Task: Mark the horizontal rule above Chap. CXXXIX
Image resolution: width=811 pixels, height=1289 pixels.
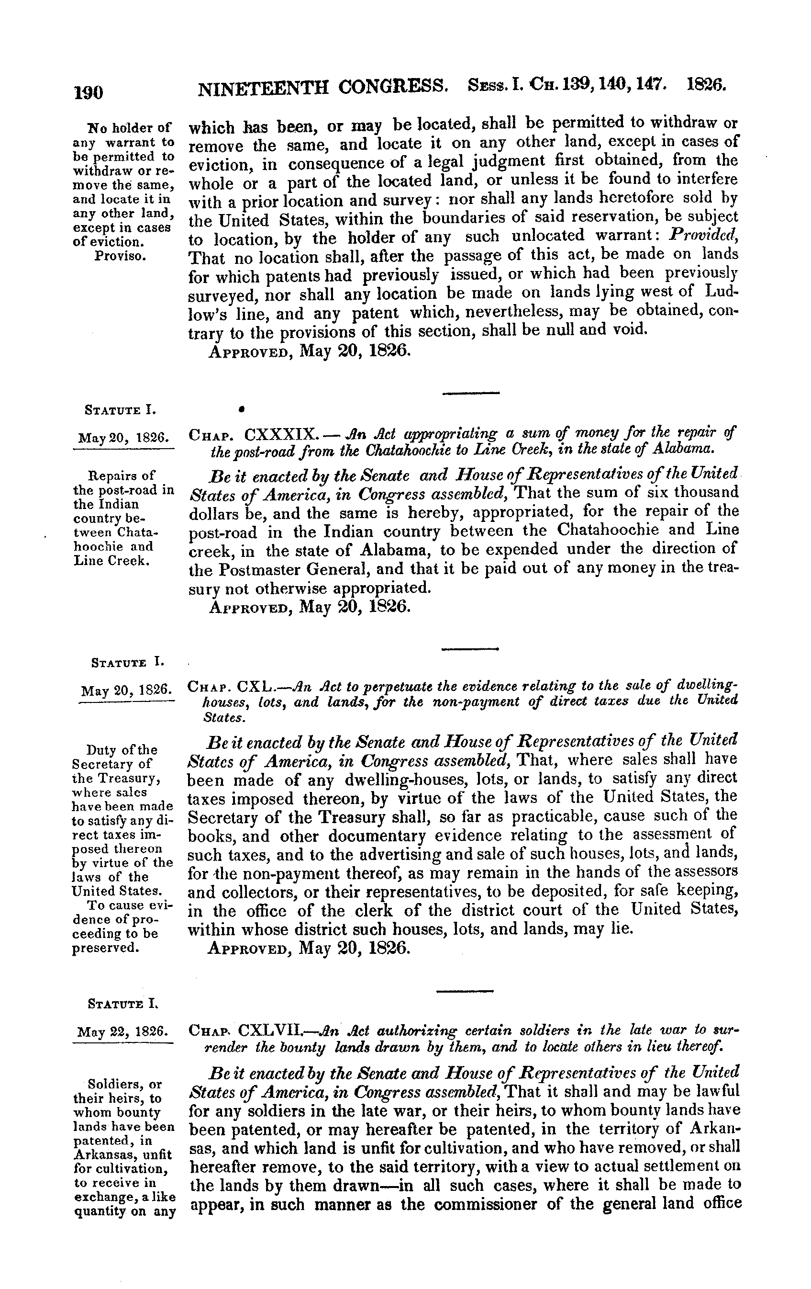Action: click(x=471, y=394)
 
